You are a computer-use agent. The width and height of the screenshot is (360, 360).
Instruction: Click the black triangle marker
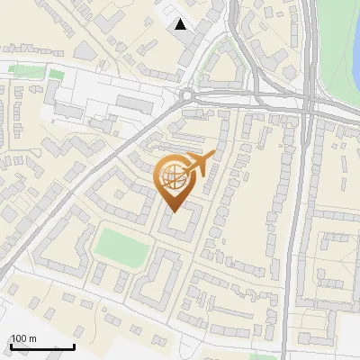(181, 24)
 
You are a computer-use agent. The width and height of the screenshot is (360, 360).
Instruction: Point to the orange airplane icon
(200, 165)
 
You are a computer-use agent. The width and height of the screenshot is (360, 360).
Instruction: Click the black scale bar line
(41, 346)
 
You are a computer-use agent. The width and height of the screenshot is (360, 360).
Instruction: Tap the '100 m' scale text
(23, 337)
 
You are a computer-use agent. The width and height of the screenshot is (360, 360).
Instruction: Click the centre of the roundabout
(187, 94)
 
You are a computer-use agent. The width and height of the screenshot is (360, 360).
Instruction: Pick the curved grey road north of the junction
(241, 45)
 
